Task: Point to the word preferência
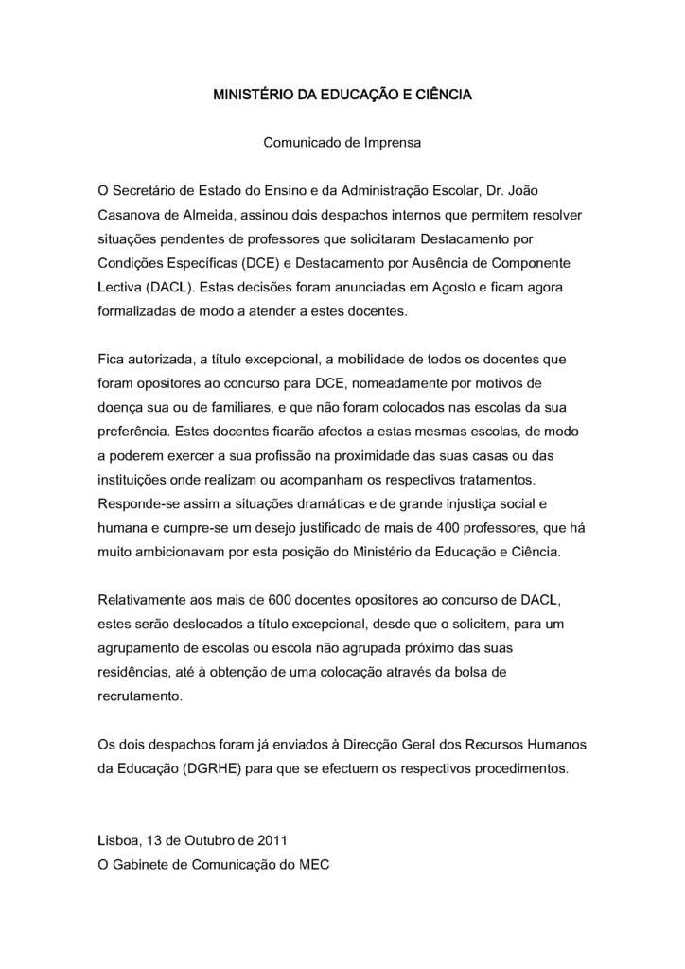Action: tap(133, 432)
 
